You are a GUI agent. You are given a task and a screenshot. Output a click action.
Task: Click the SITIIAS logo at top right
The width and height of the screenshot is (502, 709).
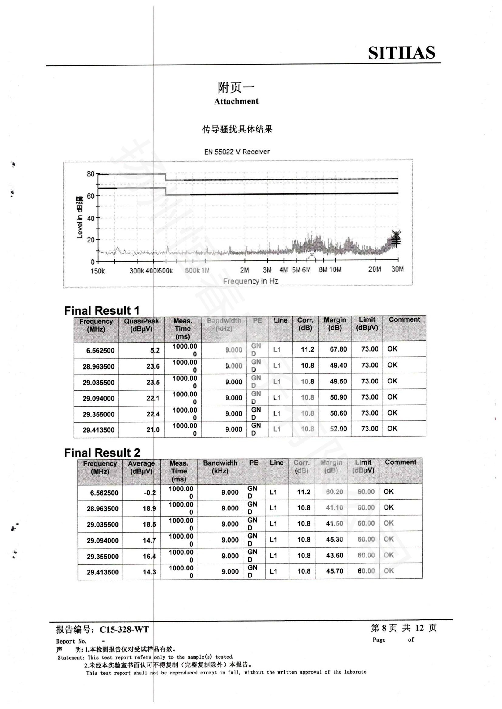tap(402, 53)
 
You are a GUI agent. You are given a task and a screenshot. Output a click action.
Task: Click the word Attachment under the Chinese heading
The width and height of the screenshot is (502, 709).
tap(236, 101)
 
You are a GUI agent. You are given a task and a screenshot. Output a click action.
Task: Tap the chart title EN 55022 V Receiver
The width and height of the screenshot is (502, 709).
tap(237, 152)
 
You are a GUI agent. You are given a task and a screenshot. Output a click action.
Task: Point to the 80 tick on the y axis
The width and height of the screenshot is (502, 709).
tap(90, 174)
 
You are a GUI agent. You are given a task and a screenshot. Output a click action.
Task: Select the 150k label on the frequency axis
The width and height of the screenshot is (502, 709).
tap(98, 271)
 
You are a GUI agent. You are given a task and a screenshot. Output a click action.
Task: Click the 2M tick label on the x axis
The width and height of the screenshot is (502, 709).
tap(244, 270)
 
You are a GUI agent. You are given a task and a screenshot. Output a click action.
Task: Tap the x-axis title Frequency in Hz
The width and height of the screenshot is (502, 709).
tap(250, 281)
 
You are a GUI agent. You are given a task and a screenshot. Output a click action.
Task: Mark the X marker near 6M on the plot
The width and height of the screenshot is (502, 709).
tap(312, 255)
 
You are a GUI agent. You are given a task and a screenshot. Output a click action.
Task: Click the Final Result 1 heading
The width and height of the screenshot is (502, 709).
tap(102, 310)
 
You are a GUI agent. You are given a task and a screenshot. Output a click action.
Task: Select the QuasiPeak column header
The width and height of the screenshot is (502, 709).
tap(141, 325)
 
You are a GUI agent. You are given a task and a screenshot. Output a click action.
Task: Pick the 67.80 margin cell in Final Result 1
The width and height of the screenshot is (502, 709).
tap(338, 349)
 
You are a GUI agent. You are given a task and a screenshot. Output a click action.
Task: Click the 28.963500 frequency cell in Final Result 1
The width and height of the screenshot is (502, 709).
tap(98, 366)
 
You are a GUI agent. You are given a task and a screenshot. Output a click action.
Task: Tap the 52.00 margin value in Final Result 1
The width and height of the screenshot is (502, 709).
tap(338, 429)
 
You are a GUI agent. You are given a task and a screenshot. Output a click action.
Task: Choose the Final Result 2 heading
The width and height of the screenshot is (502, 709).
tap(102, 453)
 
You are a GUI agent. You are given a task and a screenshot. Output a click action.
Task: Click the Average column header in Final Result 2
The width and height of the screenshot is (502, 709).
tap(141, 467)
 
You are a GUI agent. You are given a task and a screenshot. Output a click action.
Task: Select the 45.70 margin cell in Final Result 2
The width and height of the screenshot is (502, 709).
tap(334, 571)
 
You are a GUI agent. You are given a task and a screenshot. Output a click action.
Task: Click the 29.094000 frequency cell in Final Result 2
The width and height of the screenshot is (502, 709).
tap(102, 540)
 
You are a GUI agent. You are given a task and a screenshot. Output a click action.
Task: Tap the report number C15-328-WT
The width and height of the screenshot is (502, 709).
tap(124, 629)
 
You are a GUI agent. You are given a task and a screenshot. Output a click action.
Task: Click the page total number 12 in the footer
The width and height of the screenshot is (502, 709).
tap(419, 627)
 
